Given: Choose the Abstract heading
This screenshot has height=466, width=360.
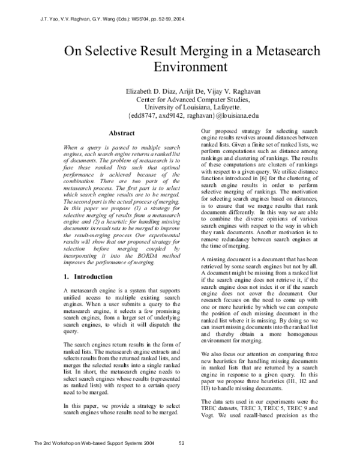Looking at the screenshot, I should coord(122,133).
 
